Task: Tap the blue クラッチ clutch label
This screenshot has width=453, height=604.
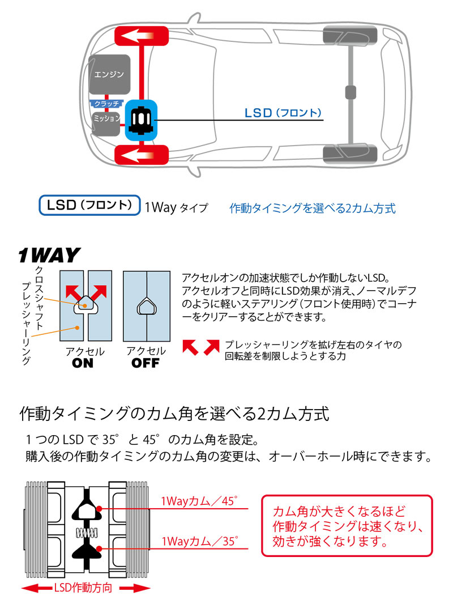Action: (x=106, y=104)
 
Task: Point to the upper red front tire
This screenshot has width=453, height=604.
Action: (x=142, y=37)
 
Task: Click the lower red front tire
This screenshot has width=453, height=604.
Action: (x=142, y=154)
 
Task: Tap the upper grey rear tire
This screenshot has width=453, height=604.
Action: (x=349, y=37)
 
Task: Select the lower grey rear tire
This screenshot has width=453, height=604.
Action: (x=349, y=154)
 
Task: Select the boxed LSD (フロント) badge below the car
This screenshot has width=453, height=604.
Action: (x=89, y=205)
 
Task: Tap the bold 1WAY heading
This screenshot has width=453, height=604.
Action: (x=49, y=256)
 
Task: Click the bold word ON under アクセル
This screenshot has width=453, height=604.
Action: (x=83, y=363)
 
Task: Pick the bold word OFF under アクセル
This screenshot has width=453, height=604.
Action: (x=146, y=363)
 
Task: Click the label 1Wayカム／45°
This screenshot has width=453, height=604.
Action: (x=199, y=501)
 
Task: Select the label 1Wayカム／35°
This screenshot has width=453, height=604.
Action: (x=199, y=541)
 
